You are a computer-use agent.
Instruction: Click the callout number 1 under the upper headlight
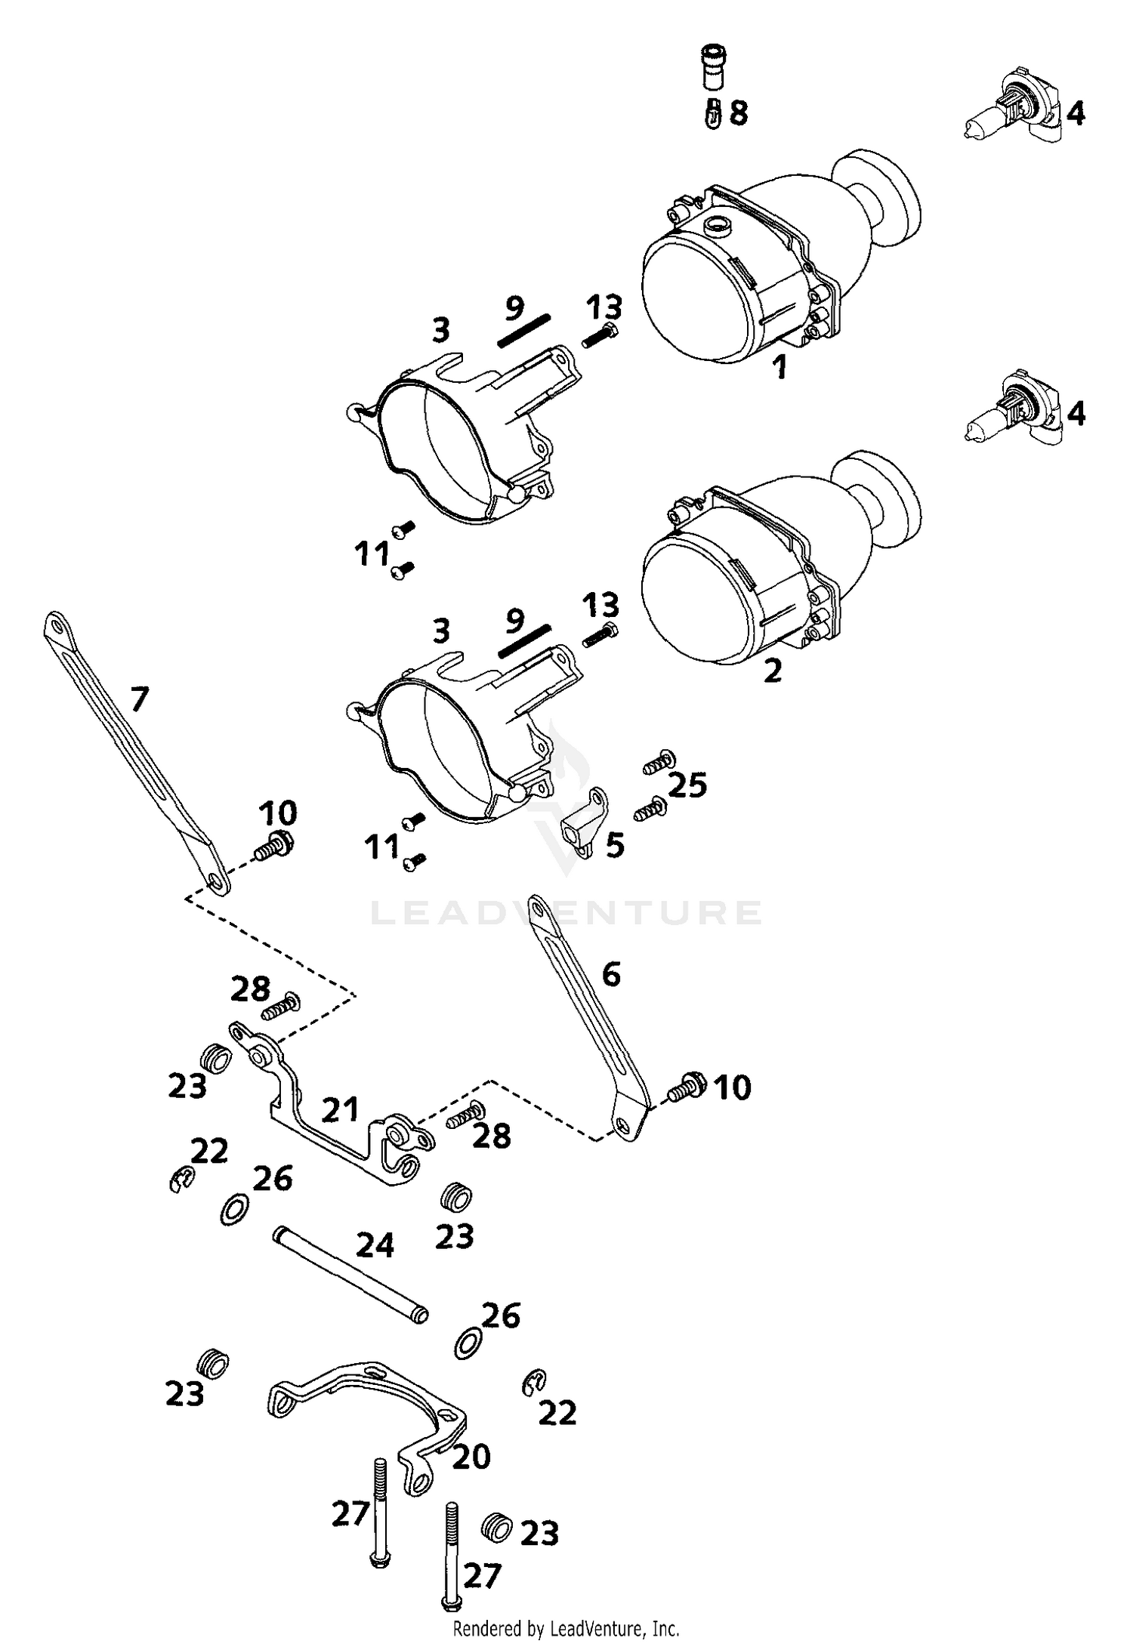pyautogui.click(x=780, y=368)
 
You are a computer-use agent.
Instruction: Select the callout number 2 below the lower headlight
pyautogui.click(x=773, y=671)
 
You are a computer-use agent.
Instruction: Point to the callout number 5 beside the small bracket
pyautogui.click(x=616, y=845)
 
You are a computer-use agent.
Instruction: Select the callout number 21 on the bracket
pyautogui.click(x=340, y=1110)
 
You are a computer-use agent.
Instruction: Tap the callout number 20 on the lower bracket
pyautogui.click(x=471, y=1457)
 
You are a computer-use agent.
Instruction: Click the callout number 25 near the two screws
pyautogui.click(x=688, y=785)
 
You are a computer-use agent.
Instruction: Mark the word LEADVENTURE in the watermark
pyautogui.click(x=566, y=912)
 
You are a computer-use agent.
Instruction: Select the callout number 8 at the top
pyautogui.click(x=739, y=113)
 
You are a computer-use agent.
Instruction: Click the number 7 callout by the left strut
pyautogui.click(x=139, y=699)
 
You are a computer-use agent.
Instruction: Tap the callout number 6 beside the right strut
pyautogui.click(x=611, y=974)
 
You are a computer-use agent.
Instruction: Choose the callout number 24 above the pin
pyautogui.click(x=375, y=1245)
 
